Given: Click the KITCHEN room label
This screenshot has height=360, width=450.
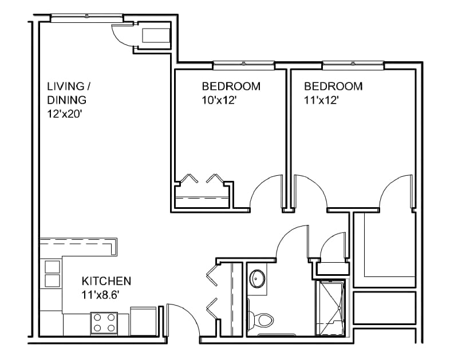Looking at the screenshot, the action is coord(106,281).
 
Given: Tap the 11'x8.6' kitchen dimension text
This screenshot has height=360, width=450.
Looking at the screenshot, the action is coord(100,295).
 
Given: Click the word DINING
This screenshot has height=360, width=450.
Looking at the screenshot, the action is coord(66,100).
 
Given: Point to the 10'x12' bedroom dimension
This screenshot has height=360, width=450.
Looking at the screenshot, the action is coord(219,100).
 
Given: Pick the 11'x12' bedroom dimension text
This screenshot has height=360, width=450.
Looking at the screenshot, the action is coord(321,100).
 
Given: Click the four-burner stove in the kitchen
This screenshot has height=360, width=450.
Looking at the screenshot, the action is coord(104,323).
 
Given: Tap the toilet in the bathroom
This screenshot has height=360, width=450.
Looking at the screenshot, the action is coord(260,319).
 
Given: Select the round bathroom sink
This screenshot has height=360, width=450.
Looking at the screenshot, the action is coord(257,278).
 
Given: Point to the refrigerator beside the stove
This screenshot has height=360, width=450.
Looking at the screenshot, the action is coord(143,321).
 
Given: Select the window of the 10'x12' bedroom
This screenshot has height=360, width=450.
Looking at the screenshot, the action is coord(243,65).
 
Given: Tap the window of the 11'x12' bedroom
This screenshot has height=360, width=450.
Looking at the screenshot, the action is coord(353,65).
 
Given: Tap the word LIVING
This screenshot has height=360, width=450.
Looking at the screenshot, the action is coord(66,86).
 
